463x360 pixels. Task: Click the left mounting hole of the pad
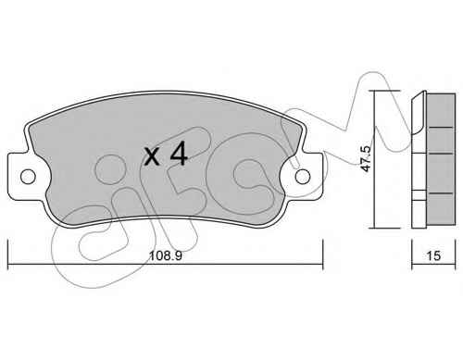(x=28, y=177)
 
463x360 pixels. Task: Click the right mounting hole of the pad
(x=303, y=177)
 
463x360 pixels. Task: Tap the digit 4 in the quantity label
(x=179, y=153)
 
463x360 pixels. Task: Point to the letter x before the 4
(x=152, y=156)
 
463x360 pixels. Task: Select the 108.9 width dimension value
(x=166, y=255)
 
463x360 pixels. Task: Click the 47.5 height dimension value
(x=366, y=158)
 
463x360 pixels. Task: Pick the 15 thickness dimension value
(x=433, y=255)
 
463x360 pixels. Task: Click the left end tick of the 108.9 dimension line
(x=7, y=254)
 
